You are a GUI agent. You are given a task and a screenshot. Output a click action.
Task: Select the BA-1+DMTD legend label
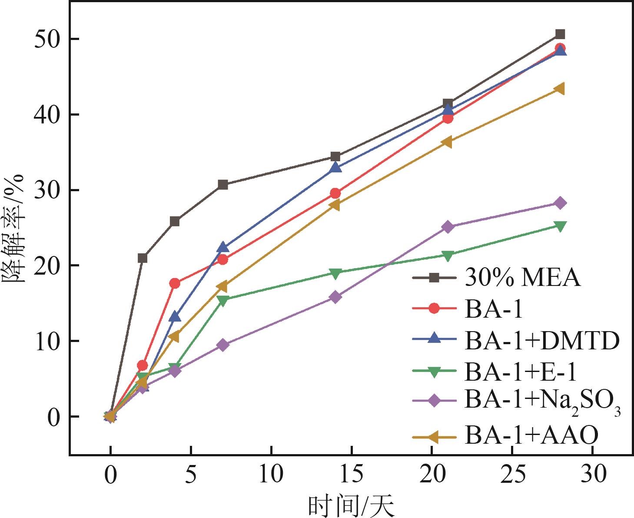pyautogui.click(x=541, y=341)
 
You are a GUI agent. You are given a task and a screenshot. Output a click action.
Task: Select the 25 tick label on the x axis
pyautogui.click(x=512, y=475)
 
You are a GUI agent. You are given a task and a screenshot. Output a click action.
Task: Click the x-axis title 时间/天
pyautogui.click(x=351, y=505)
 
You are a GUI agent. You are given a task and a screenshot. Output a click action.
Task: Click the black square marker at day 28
pyautogui.click(x=560, y=34)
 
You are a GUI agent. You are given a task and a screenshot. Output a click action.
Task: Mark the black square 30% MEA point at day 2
pyautogui.click(x=143, y=258)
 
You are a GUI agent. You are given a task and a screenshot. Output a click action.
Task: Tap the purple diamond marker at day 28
pyautogui.click(x=560, y=203)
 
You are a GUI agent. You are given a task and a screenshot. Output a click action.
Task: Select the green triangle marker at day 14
pyautogui.click(x=335, y=273)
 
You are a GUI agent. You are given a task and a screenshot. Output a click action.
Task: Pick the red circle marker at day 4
pyautogui.click(x=175, y=283)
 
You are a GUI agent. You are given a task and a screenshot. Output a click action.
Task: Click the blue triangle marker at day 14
pyautogui.click(x=335, y=167)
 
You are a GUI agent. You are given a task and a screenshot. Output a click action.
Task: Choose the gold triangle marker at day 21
pyautogui.click(x=448, y=142)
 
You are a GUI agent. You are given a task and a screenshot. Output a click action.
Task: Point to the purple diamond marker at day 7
pyautogui.click(x=223, y=345)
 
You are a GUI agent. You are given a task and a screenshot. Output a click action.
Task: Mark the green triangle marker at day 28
pyautogui.click(x=560, y=226)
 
